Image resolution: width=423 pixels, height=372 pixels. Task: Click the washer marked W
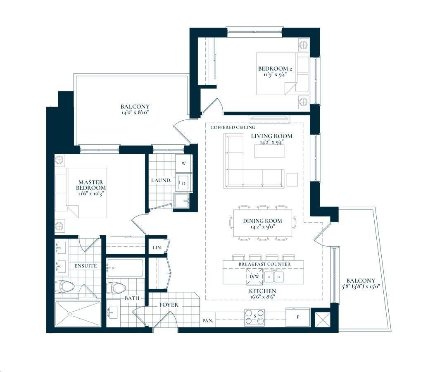coord(184,163)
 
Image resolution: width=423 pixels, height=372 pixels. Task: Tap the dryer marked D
coord(184,183)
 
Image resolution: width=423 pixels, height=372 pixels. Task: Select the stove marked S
coord(254,317)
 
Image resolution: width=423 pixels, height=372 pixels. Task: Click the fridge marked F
coord(297,317)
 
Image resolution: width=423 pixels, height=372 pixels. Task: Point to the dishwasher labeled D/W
coord(254,277)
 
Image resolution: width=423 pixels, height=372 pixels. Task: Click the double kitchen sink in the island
coord(274,276)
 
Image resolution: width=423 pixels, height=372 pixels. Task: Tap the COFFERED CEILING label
coord(233,127)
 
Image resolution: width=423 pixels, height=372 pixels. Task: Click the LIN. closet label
coord(157,247)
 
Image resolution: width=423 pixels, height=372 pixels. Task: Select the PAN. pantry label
coord(208,321)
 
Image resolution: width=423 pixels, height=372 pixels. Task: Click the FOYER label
coord(169,305)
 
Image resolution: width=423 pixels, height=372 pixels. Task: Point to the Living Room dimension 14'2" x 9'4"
coord(272,142)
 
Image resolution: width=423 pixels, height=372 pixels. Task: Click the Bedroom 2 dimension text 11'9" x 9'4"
coord(275,74)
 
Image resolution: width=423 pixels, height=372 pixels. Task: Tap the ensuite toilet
coord(64,287)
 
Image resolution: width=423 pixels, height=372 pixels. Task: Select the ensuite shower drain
coord(70,314)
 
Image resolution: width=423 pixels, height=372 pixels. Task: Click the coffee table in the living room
coord(269,151)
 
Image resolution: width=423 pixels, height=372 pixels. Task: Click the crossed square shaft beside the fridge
coord(322,320)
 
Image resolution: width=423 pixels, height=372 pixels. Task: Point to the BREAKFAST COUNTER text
coord(264,264)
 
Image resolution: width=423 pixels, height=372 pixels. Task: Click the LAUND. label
coord(161,180)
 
